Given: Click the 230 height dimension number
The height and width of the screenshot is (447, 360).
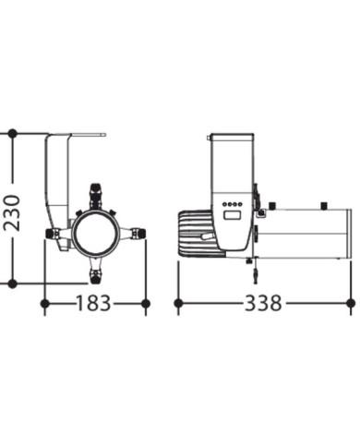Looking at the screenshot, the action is point(12,212).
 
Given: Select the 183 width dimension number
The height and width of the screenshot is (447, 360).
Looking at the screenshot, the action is point(93,303).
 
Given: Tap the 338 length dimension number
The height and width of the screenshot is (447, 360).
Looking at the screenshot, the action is point(263,303).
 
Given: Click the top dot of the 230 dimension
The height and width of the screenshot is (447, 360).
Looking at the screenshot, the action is point(12,134).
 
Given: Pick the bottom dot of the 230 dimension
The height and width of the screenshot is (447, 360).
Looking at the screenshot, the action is point(12,284).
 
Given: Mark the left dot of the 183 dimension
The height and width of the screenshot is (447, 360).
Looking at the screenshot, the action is point(45,304).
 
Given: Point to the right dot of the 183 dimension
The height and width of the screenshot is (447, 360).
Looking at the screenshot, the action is point(146,304).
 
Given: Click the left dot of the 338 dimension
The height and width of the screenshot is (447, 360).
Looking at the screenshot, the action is point(178,303).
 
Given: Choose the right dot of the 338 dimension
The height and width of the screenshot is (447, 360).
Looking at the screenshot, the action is point(351,303).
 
